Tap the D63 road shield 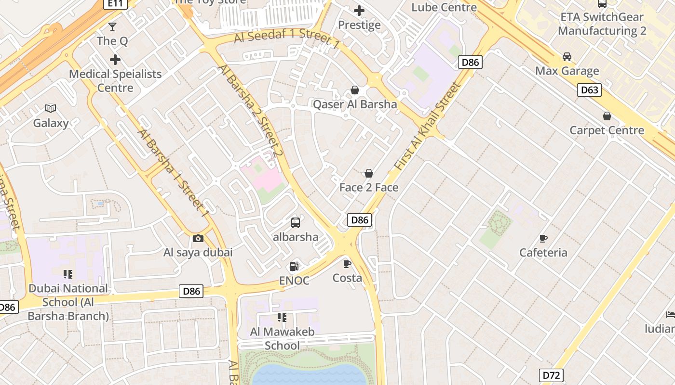coord(589,90)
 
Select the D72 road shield coord(552,375)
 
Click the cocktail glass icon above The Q coord(112,26)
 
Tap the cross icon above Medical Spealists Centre coord(115,60)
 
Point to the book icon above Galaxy coord(51,109)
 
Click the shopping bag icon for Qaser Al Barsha coord(355,90)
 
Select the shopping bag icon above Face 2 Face coord(369,173)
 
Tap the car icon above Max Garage coord(567,57)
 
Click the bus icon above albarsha coord(296,223)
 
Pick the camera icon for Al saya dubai coord(198,238)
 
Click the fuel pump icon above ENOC coord(294,267)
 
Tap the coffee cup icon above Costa coord(347,264)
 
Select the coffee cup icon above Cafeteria coord(543,238)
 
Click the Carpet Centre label coord(607,130)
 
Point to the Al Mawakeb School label coord(282,338)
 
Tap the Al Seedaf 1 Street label coord(287,38)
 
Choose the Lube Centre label coord(444,7)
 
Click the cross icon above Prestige coord(359,11)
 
